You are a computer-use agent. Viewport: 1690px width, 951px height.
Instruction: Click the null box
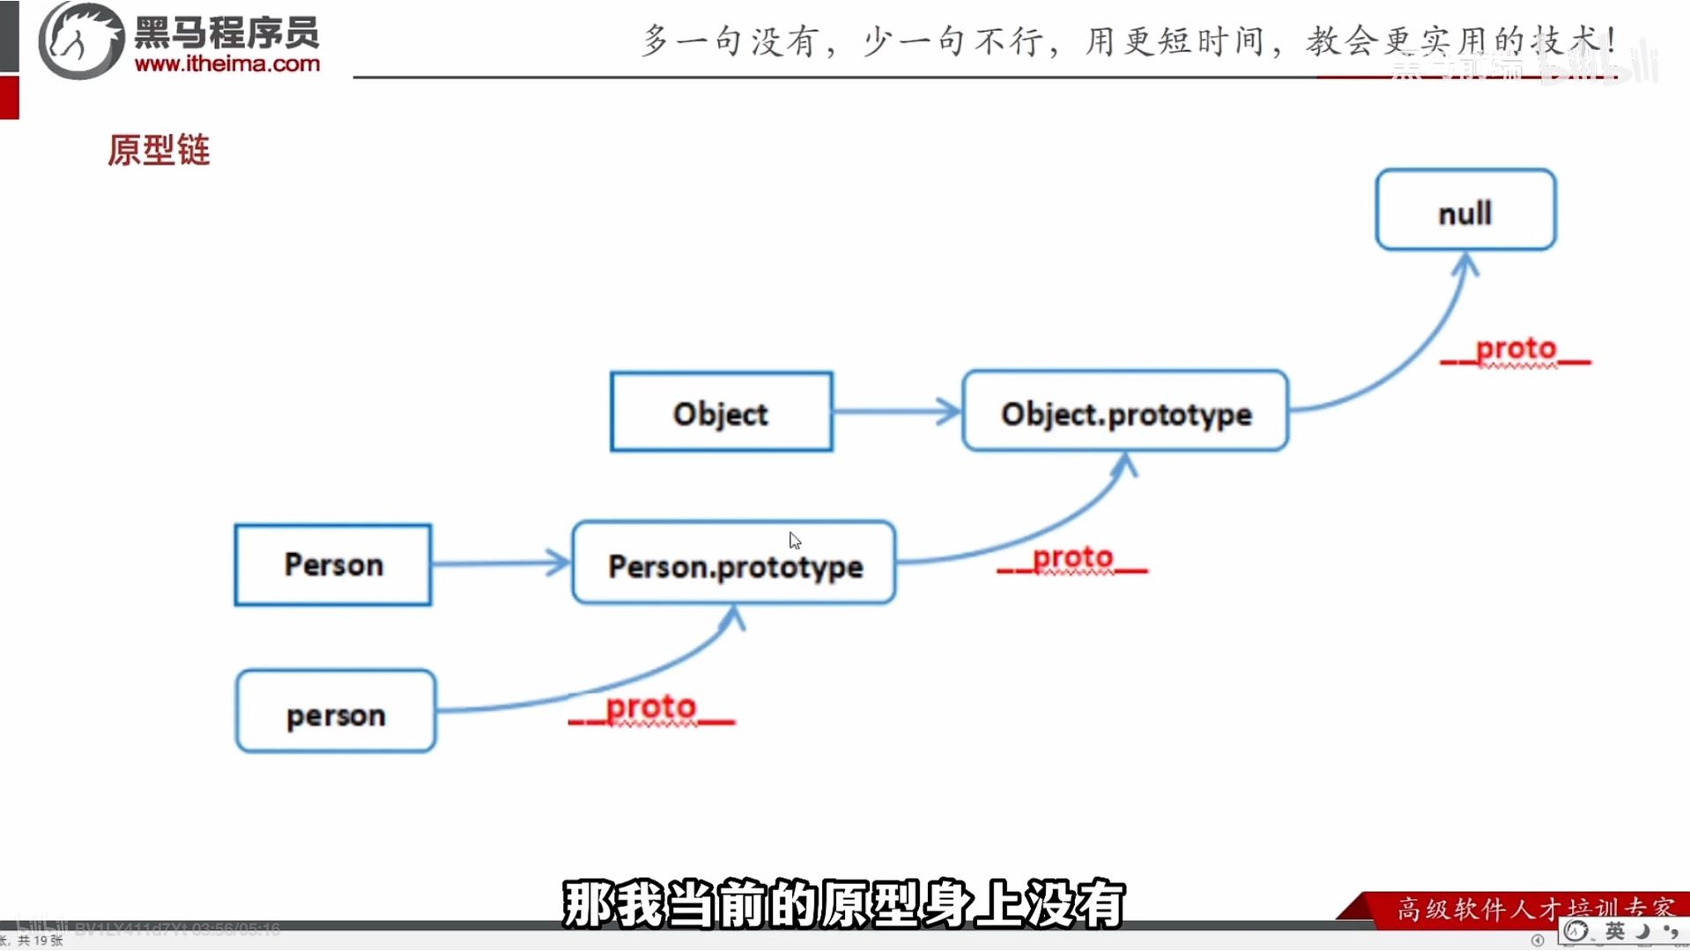click(x=1465, y=210)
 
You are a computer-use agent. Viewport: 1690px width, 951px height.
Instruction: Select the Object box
click(x=721, y=412)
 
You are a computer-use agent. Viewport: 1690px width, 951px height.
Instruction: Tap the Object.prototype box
click(x=1125, y=412)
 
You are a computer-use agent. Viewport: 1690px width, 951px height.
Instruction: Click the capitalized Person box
click(x=333, y=564)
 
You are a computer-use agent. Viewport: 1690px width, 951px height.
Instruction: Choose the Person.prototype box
click(x=734, y=564)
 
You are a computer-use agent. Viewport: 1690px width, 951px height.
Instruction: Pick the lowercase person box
click(x=336, y=712)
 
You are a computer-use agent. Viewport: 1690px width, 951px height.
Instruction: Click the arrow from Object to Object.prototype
click(x=896, y=411)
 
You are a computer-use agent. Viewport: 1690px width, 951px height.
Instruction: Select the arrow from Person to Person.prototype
click(x=500, y=563)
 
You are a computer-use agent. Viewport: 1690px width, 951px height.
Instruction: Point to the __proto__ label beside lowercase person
click(x=651, y=709)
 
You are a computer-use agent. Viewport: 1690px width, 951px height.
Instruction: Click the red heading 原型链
click(x=159, y=150)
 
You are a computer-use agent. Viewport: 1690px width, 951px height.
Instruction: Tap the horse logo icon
click(x=81, y=41)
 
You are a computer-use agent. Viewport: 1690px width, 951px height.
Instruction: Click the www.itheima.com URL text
click(x=227, y=64)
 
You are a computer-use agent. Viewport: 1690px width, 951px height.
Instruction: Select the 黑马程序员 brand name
click(x=226, y=33)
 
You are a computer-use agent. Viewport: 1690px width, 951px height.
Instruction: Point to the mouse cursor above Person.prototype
click(x=794, y=540)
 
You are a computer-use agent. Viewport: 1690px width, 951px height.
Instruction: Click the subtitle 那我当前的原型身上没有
click(x=843, y=903)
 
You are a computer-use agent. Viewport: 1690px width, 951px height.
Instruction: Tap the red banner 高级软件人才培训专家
click(x=1534, y=907)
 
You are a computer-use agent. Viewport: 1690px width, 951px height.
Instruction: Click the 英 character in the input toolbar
click(x=1614, y=932)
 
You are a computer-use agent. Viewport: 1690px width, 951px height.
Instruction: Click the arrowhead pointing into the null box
click(x=1465, y=263)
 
